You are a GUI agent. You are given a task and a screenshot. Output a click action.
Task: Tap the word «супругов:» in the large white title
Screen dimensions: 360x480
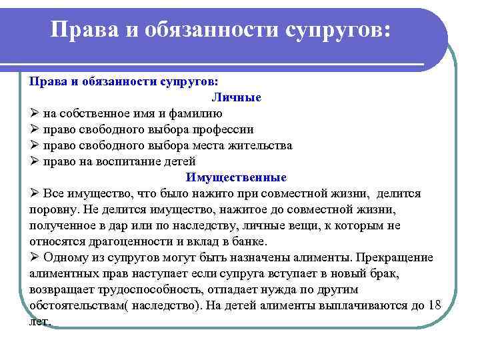[x=337, y=29]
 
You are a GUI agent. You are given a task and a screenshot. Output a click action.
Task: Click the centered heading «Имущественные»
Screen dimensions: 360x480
[x=237, y=177]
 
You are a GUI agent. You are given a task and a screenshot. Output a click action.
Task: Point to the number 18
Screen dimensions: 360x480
[x=434, y=305]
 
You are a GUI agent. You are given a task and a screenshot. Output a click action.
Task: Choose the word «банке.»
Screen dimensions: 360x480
[x=247, y=241]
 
